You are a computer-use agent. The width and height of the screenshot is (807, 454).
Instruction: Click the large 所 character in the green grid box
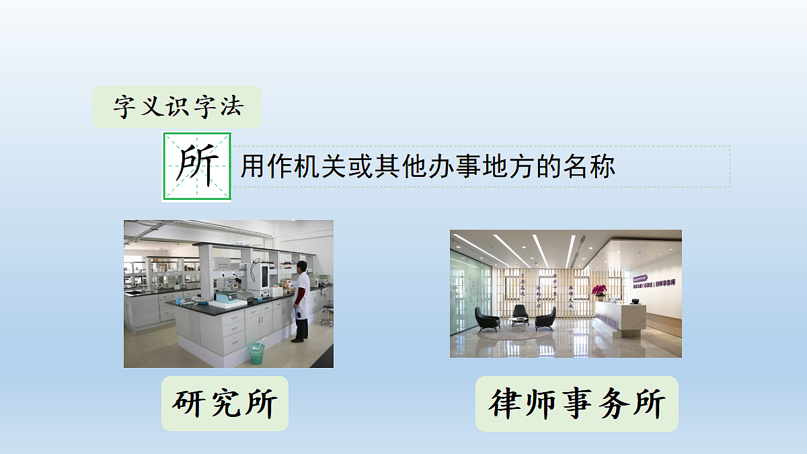pos(197,166)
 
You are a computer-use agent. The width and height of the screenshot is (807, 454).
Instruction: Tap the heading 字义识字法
pos(178,107)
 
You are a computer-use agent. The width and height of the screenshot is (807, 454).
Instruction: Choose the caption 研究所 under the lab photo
pos(225,404)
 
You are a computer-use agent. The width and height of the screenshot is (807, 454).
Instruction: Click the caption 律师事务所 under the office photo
pos(577,404)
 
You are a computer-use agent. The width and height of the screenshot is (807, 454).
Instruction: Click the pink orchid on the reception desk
pos(599,291)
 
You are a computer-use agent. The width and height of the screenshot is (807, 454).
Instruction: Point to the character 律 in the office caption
pos(507,404)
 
